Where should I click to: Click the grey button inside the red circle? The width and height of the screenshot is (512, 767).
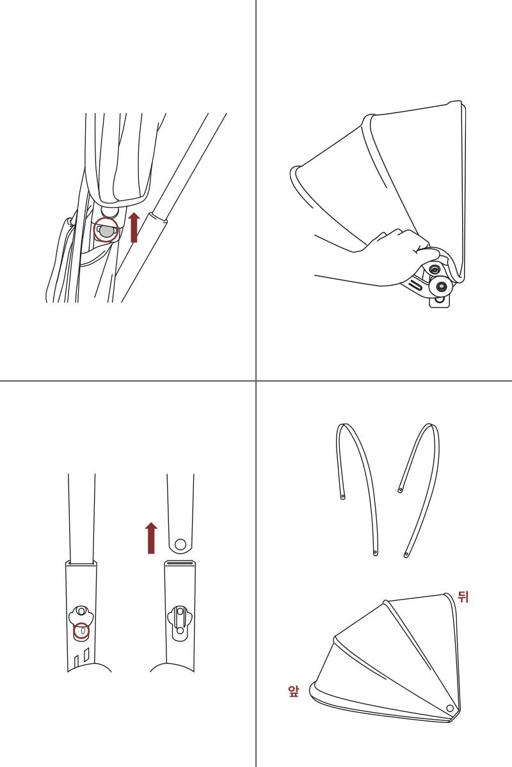tap(106, 231)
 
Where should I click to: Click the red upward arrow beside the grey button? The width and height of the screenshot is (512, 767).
tap(134, 228)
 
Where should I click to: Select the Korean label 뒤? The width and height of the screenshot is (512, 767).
tap(463, 597)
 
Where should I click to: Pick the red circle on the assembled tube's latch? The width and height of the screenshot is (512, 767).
tap(82, 631)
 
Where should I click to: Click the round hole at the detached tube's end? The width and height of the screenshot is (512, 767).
tap(180, 544)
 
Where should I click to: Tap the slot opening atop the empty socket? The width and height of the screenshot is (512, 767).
tap(180, 562)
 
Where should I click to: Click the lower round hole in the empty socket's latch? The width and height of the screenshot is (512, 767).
tap(180, 631)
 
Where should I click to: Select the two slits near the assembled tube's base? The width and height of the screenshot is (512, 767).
tap(82, 657)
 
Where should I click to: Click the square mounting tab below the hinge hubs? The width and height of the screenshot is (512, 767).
tap(439, 300)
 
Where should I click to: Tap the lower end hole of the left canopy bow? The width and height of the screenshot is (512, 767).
tap(375, 552)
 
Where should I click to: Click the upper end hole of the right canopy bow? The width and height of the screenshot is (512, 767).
tap(400, 490)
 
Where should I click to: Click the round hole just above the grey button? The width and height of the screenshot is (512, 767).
tap(109, 210)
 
